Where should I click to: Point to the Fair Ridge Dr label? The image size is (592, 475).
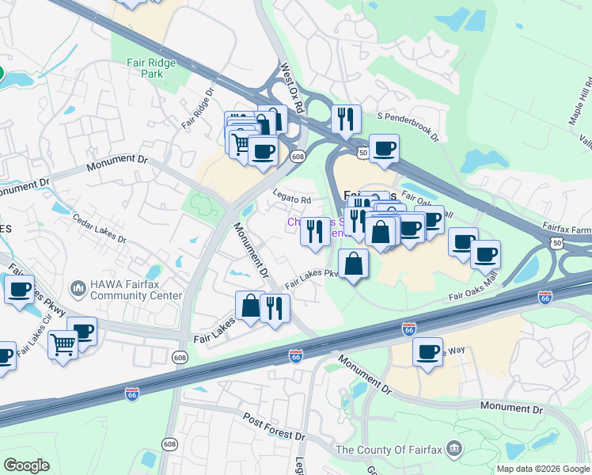(x=199, y=108)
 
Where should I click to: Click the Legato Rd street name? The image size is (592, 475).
(x=292, y=201)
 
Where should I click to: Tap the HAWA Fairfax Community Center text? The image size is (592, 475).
(x=137, y=291)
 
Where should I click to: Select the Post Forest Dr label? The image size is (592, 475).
(x=273, y=427)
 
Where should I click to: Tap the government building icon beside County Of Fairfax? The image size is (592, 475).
(x=454, y=449)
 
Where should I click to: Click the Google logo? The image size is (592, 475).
(x=26, y=465)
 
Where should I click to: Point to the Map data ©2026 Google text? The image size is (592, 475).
(x=543, y=469)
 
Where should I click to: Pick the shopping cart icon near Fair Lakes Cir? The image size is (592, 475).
(x=63, y=343)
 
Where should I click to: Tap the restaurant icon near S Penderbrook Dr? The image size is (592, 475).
(x=346, y=119)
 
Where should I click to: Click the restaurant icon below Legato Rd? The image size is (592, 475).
(x=315, y=231)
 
